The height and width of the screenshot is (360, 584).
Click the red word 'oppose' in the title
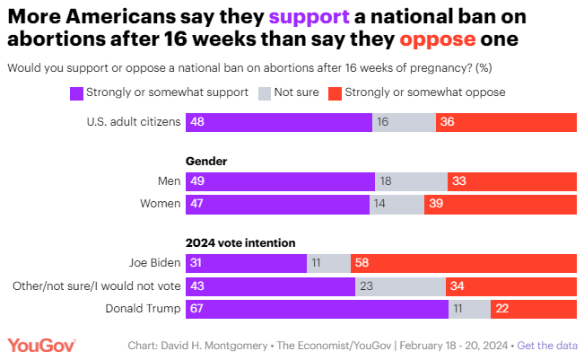point(440,40)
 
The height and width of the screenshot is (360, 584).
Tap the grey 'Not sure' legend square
point(264,92)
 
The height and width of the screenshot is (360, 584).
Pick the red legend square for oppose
point(335,92)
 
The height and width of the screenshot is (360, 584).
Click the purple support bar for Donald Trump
point(317,309)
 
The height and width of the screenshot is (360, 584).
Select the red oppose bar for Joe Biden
point(464,263)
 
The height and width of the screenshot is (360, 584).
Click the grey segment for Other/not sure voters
point(400,285)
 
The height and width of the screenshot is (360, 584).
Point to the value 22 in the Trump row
point(502,309)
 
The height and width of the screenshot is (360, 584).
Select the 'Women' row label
point(160,205)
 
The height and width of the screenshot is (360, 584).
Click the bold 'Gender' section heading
point(205,161)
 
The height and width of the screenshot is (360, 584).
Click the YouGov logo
point(41,346)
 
